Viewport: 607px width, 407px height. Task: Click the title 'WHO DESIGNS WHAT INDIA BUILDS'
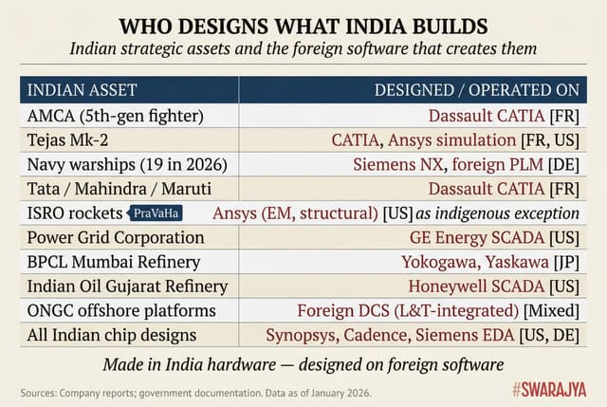tap(303, 22)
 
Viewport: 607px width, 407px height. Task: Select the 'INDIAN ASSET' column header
tap(82, 90)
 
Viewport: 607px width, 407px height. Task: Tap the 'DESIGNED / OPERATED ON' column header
tap(476, 90)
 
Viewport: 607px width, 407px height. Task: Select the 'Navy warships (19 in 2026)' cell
tap(127, 164)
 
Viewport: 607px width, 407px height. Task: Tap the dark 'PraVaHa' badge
tap(155, 213)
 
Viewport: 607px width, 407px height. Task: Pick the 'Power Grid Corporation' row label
tap(115, 237)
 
